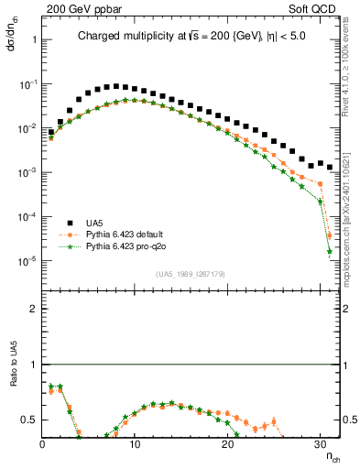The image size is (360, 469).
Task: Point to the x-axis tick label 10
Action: click(136, 444)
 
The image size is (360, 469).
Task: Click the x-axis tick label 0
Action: click(43, 444)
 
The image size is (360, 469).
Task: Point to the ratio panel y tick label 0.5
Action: click(28, 420)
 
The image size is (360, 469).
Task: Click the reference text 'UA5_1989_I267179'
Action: click(191, 274)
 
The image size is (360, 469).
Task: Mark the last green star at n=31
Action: click(329, 252)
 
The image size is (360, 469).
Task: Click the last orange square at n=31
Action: click(329, 236)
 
